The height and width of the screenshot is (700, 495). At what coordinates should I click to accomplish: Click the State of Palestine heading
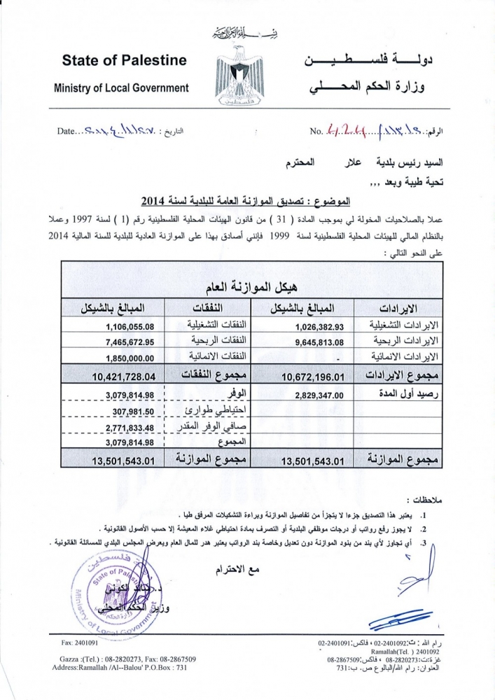point(125,60)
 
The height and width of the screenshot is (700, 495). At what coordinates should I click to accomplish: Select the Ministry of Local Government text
point(122,88)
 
